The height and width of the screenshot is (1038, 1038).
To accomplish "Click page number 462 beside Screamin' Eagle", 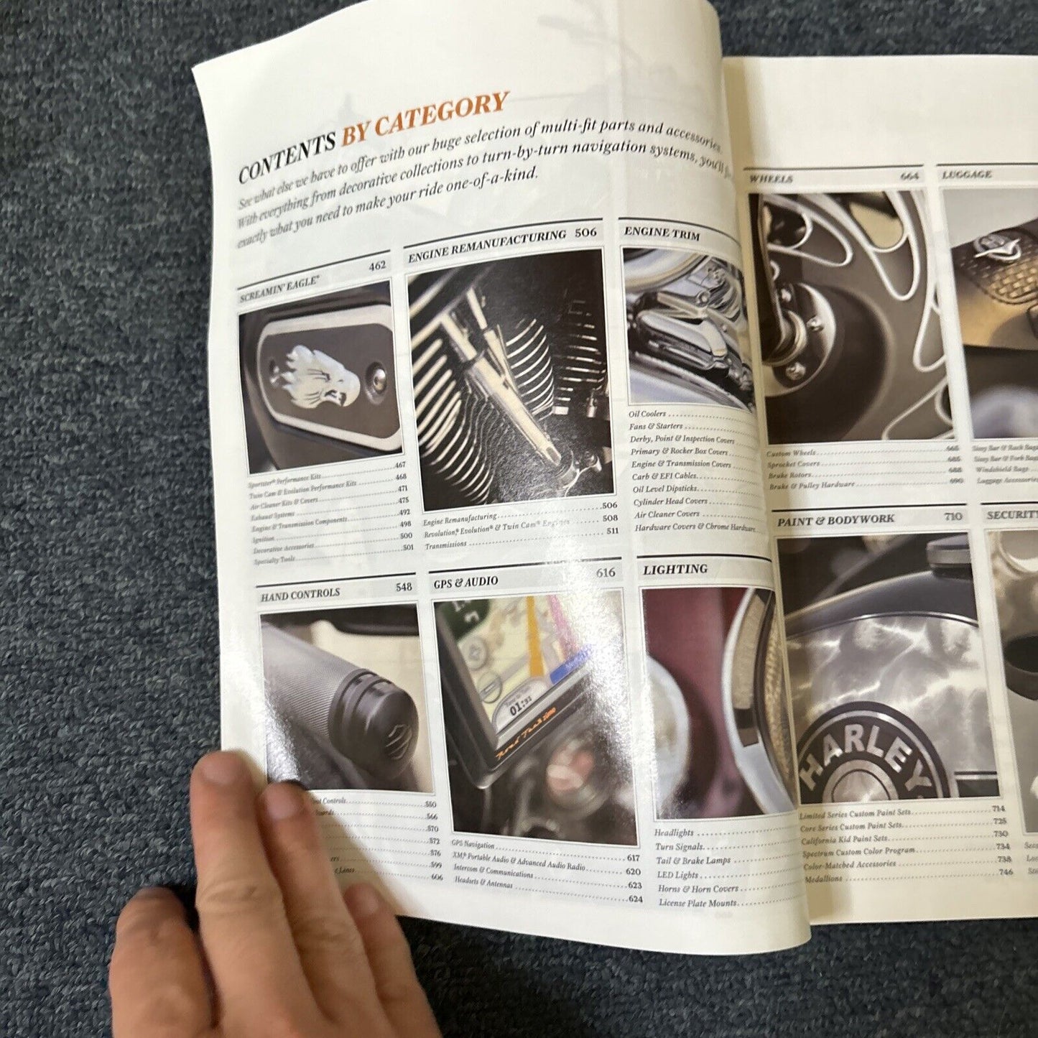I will pos(377,266).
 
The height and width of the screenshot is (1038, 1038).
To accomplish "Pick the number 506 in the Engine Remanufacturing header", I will pos(585,233).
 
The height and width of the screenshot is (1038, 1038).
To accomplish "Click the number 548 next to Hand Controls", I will pos(404,587).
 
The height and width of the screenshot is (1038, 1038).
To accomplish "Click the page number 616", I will pos(606,573).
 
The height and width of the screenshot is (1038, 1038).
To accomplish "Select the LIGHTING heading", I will pos(675,570).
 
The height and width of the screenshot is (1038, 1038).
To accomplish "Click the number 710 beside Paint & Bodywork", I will pos(953,516).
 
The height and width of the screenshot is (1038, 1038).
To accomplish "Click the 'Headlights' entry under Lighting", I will pos(674,833).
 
